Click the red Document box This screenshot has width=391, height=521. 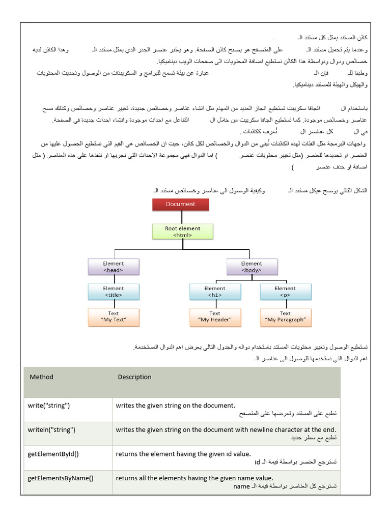(x=180, y=205)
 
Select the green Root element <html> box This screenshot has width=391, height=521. (x=182, y=231)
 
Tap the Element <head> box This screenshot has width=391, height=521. (x=113, y=267)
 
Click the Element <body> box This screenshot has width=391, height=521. (x=252, y=267)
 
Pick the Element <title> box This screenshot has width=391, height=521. (x=113, y=291)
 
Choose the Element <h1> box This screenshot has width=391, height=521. (x=214, y=291)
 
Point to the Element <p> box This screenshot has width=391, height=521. (x=285, y=291)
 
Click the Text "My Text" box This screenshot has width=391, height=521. (x=113, y=316)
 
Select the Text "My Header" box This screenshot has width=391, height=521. (x=214, y=316)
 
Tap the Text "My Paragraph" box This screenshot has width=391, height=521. (x=285, y=316)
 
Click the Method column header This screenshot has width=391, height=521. (x=41, y=377)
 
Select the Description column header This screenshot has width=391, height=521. (x=134, y=377)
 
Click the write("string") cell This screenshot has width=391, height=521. (x=49, y=406)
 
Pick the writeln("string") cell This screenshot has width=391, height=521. (x=51, y=430)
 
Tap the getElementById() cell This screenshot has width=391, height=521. (x=53, y=454)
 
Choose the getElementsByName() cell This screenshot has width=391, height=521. (x=61, y=478)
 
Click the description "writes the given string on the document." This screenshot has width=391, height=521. (x=175, y=406)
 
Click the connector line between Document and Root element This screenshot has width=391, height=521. (x=181, y=217)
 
